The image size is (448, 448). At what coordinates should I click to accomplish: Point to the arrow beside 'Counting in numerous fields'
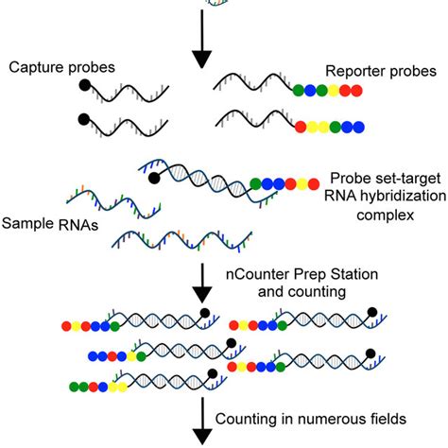[202, 421]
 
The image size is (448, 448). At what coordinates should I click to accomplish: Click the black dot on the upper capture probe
[86, 85]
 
